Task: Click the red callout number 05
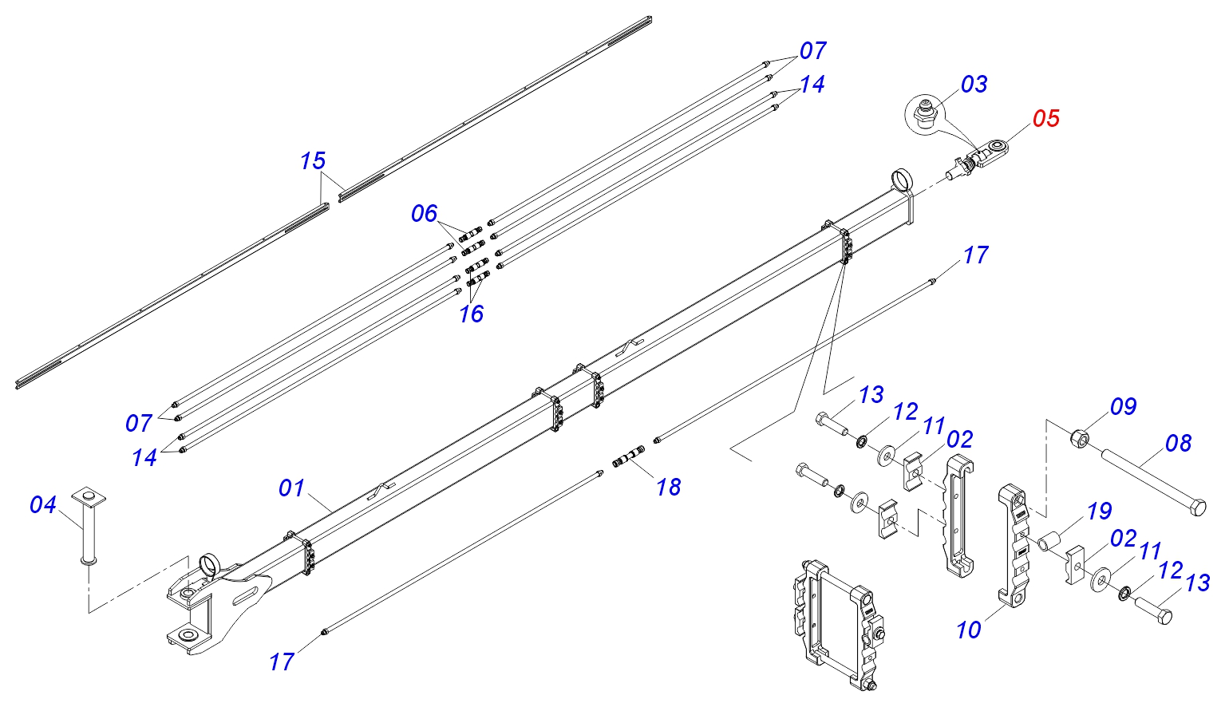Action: [x=1045, y=119]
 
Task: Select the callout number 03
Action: [x=974, y=85]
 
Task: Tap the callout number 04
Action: [x=42, y=504]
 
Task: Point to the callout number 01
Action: [x=290, y=488]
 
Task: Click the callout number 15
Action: [x=312, y=160]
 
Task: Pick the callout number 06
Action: [x=424, y=214]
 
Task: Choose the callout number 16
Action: [x=471, y=314]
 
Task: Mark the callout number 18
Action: [x=668, y=488]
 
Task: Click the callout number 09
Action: [x=1124, y=406]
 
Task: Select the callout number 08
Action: [x=1178, y=444]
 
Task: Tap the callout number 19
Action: [x=1099, y=511]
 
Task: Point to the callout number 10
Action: [x=969, y=630]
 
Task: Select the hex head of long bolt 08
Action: [x=1198, y=507]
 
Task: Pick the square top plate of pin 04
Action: [x=89, y=496]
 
